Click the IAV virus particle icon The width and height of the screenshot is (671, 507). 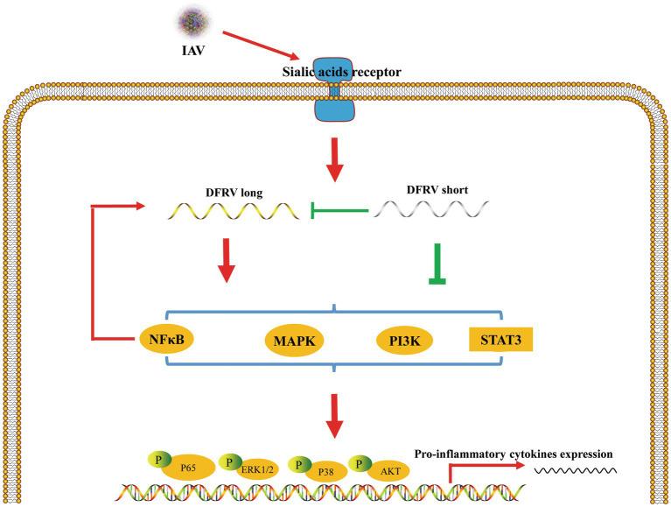190,19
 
